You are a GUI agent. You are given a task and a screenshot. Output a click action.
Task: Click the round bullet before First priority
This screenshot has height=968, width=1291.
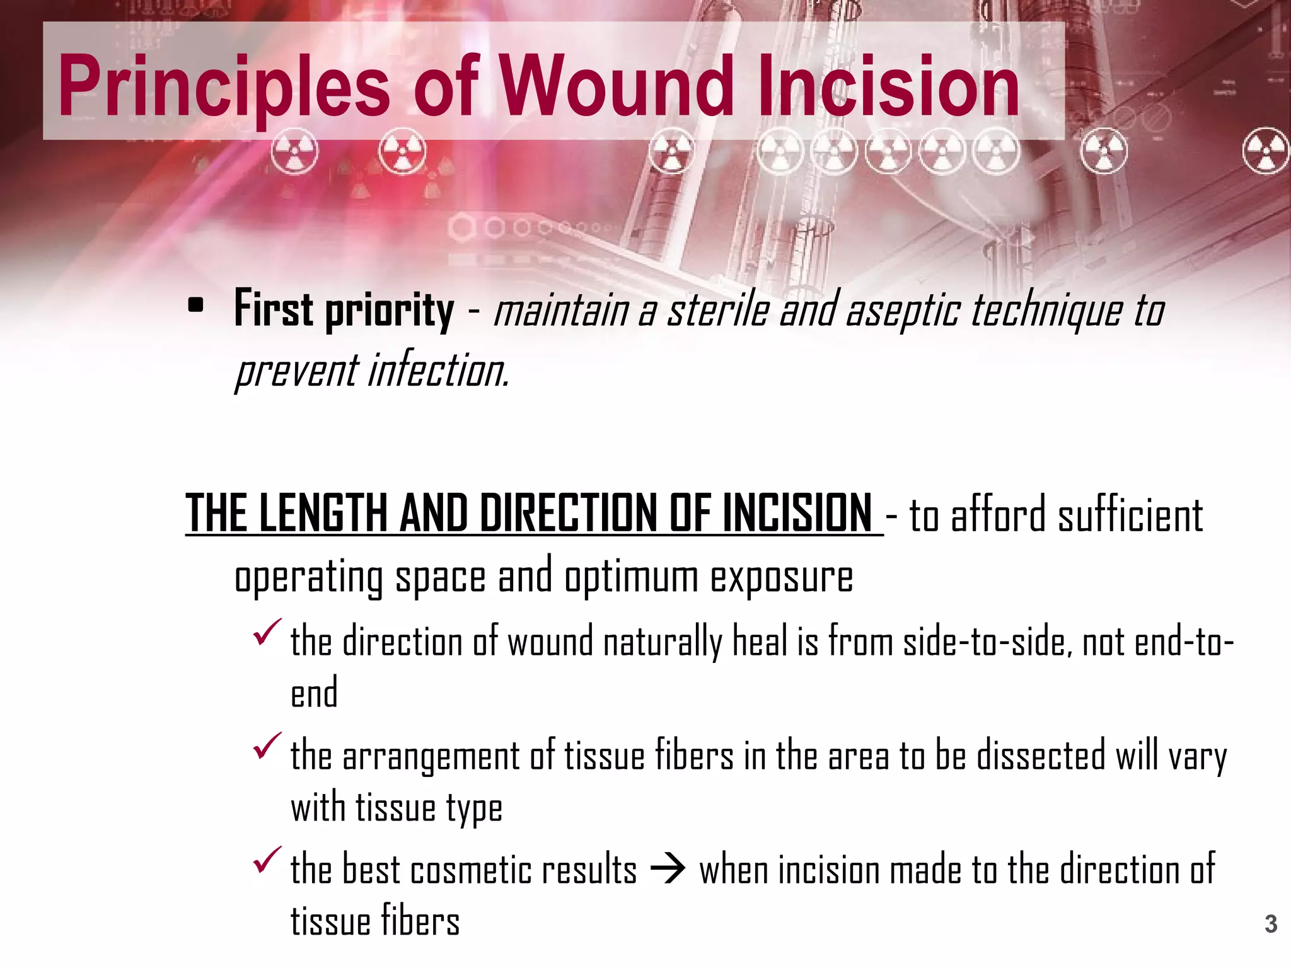pos(196,306)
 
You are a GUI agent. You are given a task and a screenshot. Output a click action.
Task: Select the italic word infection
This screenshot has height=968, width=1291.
pos(439,371)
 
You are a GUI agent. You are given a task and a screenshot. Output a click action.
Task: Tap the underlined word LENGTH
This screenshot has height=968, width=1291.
pos(323,514)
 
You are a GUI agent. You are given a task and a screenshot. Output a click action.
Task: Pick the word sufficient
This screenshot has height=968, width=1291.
pos(1130,516)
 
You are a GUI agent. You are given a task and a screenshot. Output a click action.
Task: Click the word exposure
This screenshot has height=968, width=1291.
pos(782,577)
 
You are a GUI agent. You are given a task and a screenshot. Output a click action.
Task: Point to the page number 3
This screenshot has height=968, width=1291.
pos(1271,924)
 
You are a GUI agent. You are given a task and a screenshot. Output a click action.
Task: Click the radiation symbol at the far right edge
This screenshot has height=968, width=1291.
pos(1266,151)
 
